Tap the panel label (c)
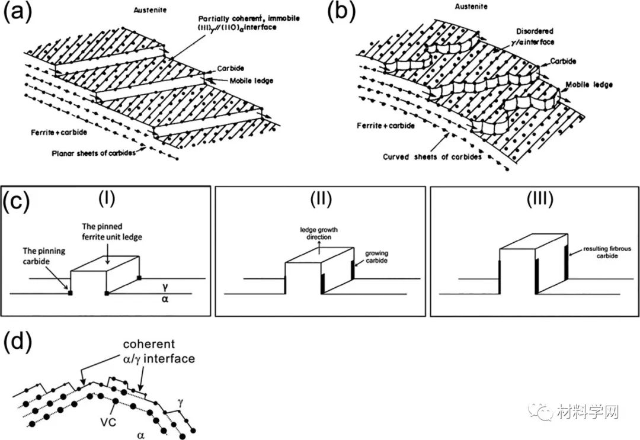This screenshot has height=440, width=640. [16, 201]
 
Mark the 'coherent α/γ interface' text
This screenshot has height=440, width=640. [158, 352]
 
